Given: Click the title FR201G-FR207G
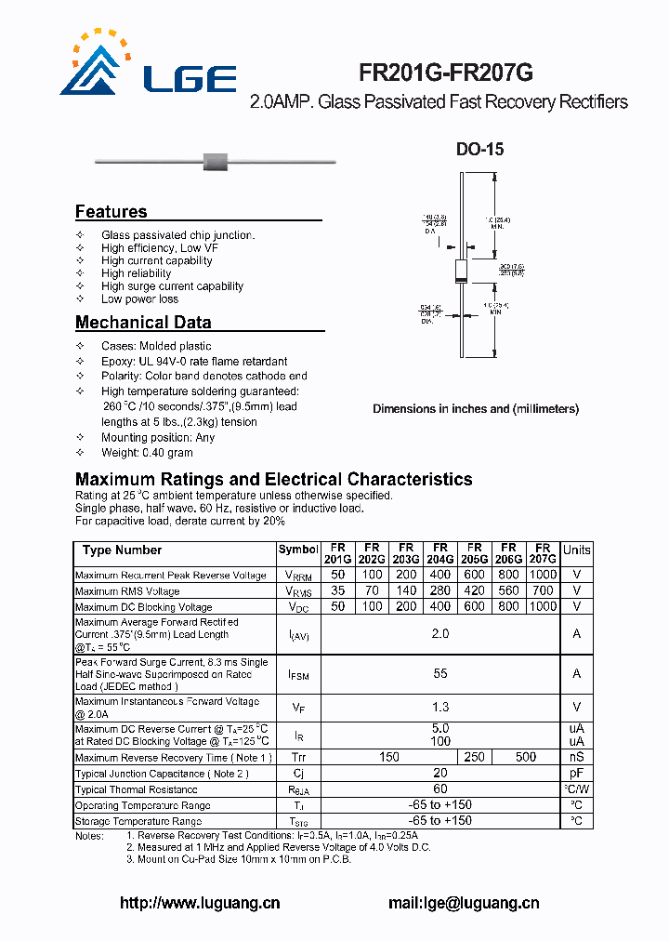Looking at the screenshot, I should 446,73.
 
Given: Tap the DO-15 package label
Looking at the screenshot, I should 479,149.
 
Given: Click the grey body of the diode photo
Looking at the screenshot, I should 216,162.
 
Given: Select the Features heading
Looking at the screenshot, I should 111,211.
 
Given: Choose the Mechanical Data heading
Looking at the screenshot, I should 143,323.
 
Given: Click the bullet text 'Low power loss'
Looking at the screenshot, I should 139,299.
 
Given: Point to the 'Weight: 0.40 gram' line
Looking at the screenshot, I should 147,453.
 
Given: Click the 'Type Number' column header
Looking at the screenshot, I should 122,550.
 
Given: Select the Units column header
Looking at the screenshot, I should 576,550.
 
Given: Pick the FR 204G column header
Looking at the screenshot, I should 439,554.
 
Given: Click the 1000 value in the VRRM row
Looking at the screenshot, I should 543,576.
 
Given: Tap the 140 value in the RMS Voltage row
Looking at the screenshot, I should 405,591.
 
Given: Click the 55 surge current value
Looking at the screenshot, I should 440,673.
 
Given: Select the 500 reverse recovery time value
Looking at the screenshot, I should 525,758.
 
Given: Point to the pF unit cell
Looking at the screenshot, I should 576,774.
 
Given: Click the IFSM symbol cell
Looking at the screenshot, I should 298,673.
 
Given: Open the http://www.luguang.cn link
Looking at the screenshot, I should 201,903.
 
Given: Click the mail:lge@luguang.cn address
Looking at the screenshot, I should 464,903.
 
